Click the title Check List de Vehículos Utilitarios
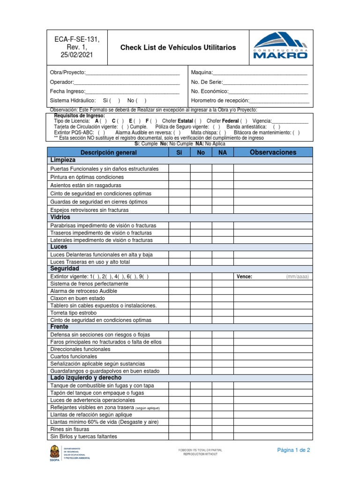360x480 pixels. (178, 48)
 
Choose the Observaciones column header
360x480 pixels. (273, 152)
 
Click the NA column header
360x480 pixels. (222, 152)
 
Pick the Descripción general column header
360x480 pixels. (108, 152)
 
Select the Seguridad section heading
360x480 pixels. (64, 269)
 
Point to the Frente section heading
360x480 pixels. (59, 327)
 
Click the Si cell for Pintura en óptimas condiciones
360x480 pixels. (179, 177)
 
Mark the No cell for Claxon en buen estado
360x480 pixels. (201, 298)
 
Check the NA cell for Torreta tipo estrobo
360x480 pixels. (222, 313)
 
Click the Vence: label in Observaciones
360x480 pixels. (244, 277)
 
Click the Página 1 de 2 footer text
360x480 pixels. (293, 450)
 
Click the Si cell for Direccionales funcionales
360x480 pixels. (179, 349)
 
